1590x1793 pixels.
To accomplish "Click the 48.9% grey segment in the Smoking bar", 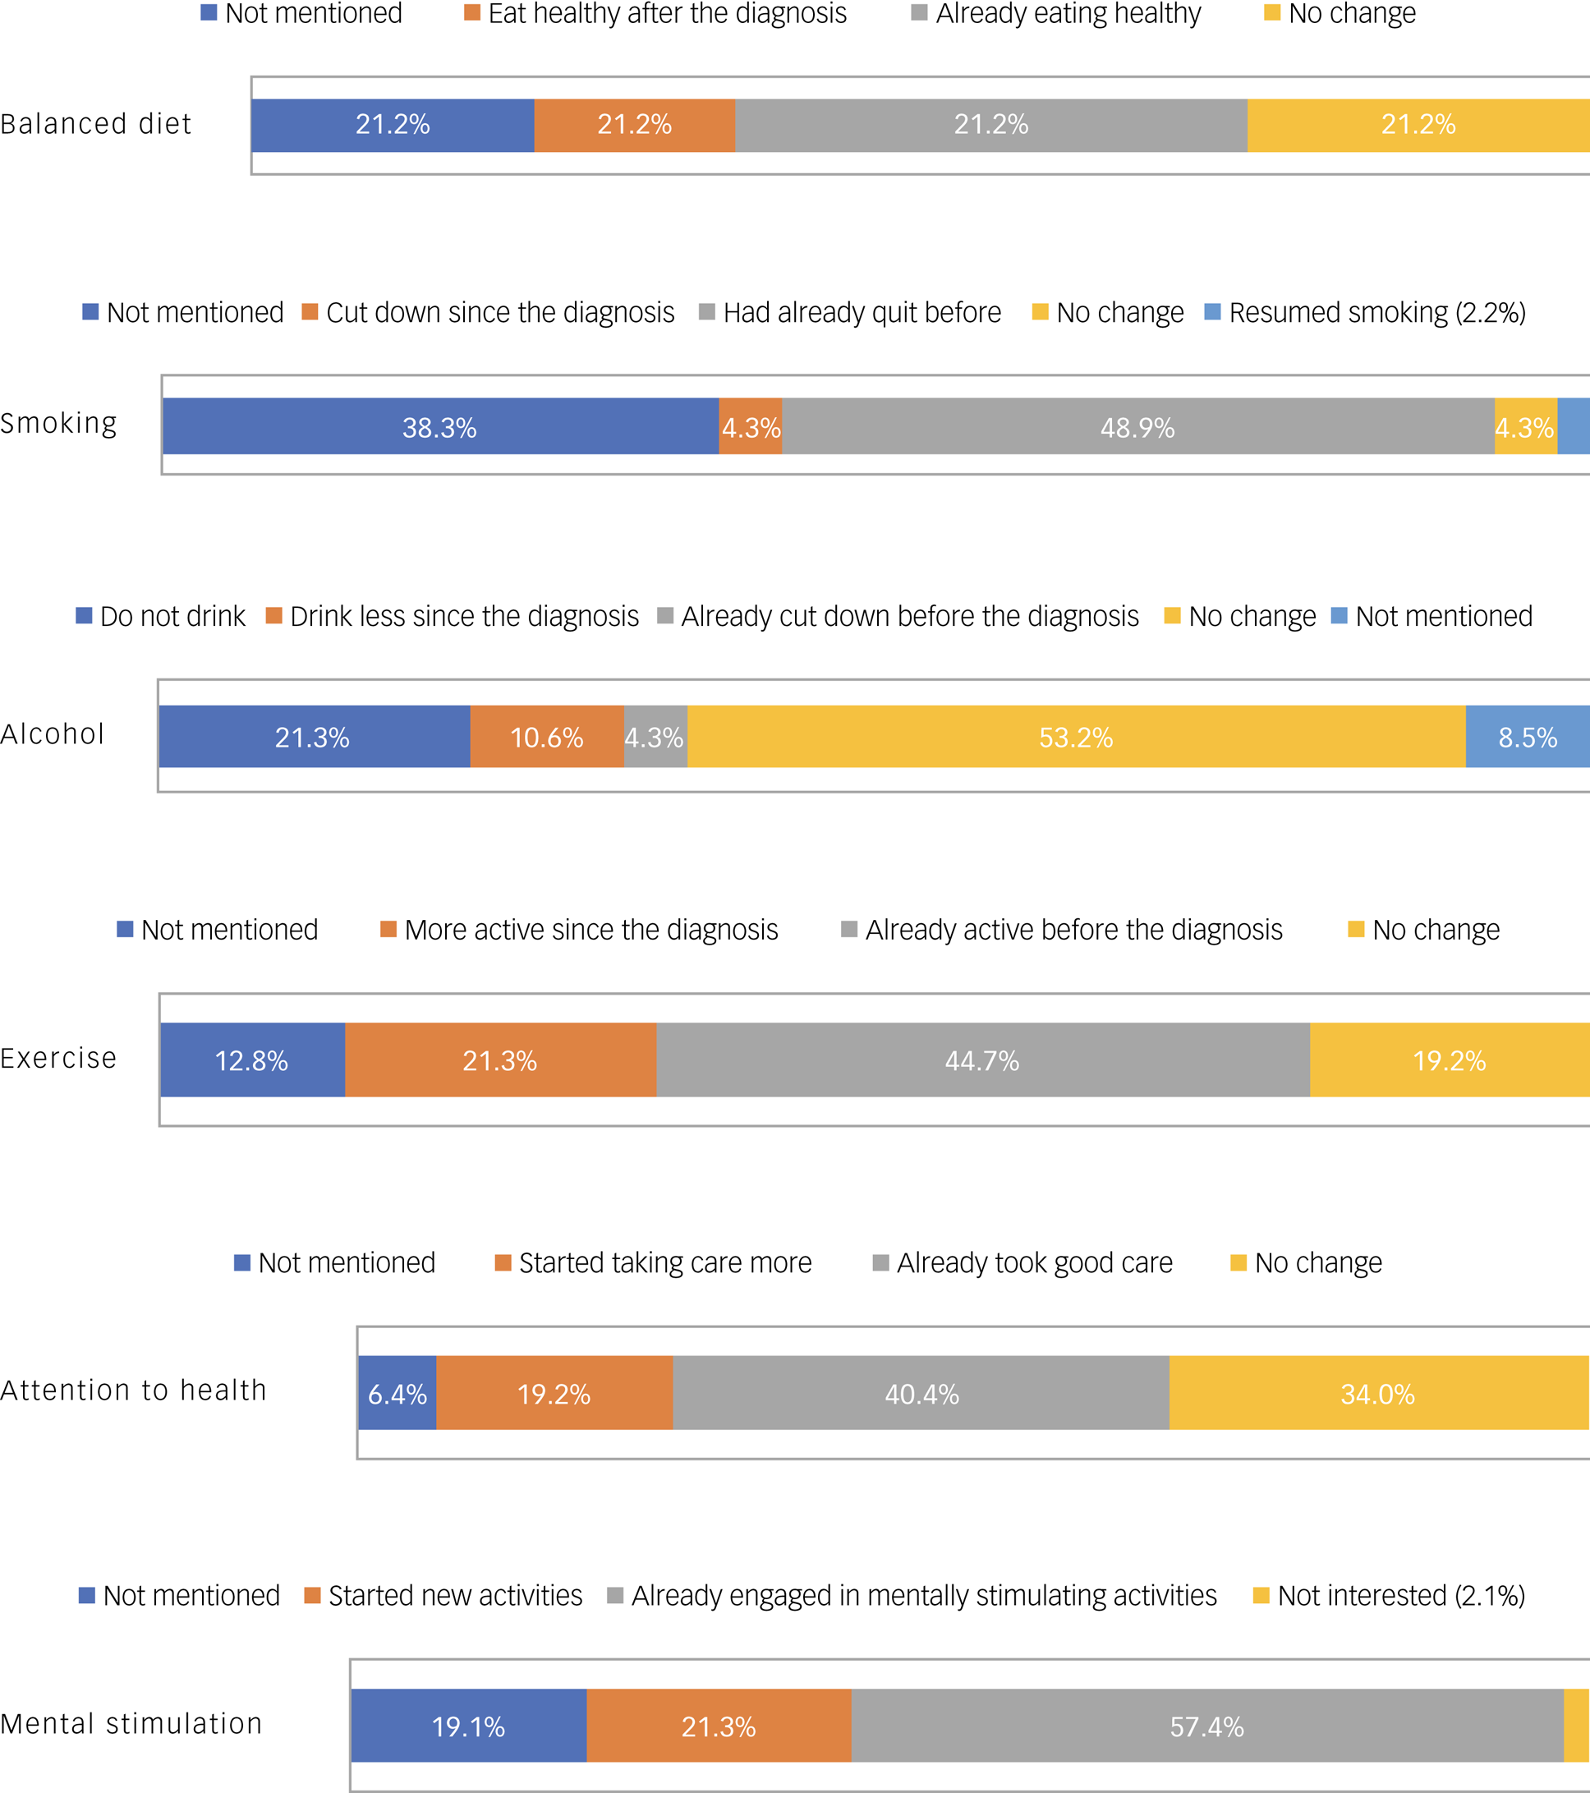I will pyautogui.click(x=1137, y=427).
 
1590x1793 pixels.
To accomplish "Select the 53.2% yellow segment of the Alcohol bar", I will pyautogui.click(x=1076, y=737).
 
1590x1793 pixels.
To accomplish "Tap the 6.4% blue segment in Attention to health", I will pyautogui.click(x=397, y=1394).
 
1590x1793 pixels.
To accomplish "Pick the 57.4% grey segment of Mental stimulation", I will pyautogui.click(x=1206, y=1726).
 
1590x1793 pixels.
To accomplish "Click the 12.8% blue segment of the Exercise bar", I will pyautogui.click(x=251, y=1060).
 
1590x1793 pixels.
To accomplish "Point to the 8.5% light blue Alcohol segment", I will pyautogui.click(x=1528, y=737).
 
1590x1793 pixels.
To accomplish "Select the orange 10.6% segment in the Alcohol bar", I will pyautogui.click(x=546, y=737).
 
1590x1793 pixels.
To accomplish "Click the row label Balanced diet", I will pyautogui.click(x=95, y=124).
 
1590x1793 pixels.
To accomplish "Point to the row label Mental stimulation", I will pyautogui.click(x=131, y=1723).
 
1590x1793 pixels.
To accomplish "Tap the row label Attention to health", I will pyautogui.click(x=133, y=1390).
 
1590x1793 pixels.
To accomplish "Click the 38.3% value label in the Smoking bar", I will pyautogui.click(x=439, y=427).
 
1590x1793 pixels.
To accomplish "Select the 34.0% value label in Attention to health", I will pyautogui.click(x=1377, y=1394).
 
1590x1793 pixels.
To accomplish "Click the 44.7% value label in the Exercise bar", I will pyautogui.click(x=981, y=1060).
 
